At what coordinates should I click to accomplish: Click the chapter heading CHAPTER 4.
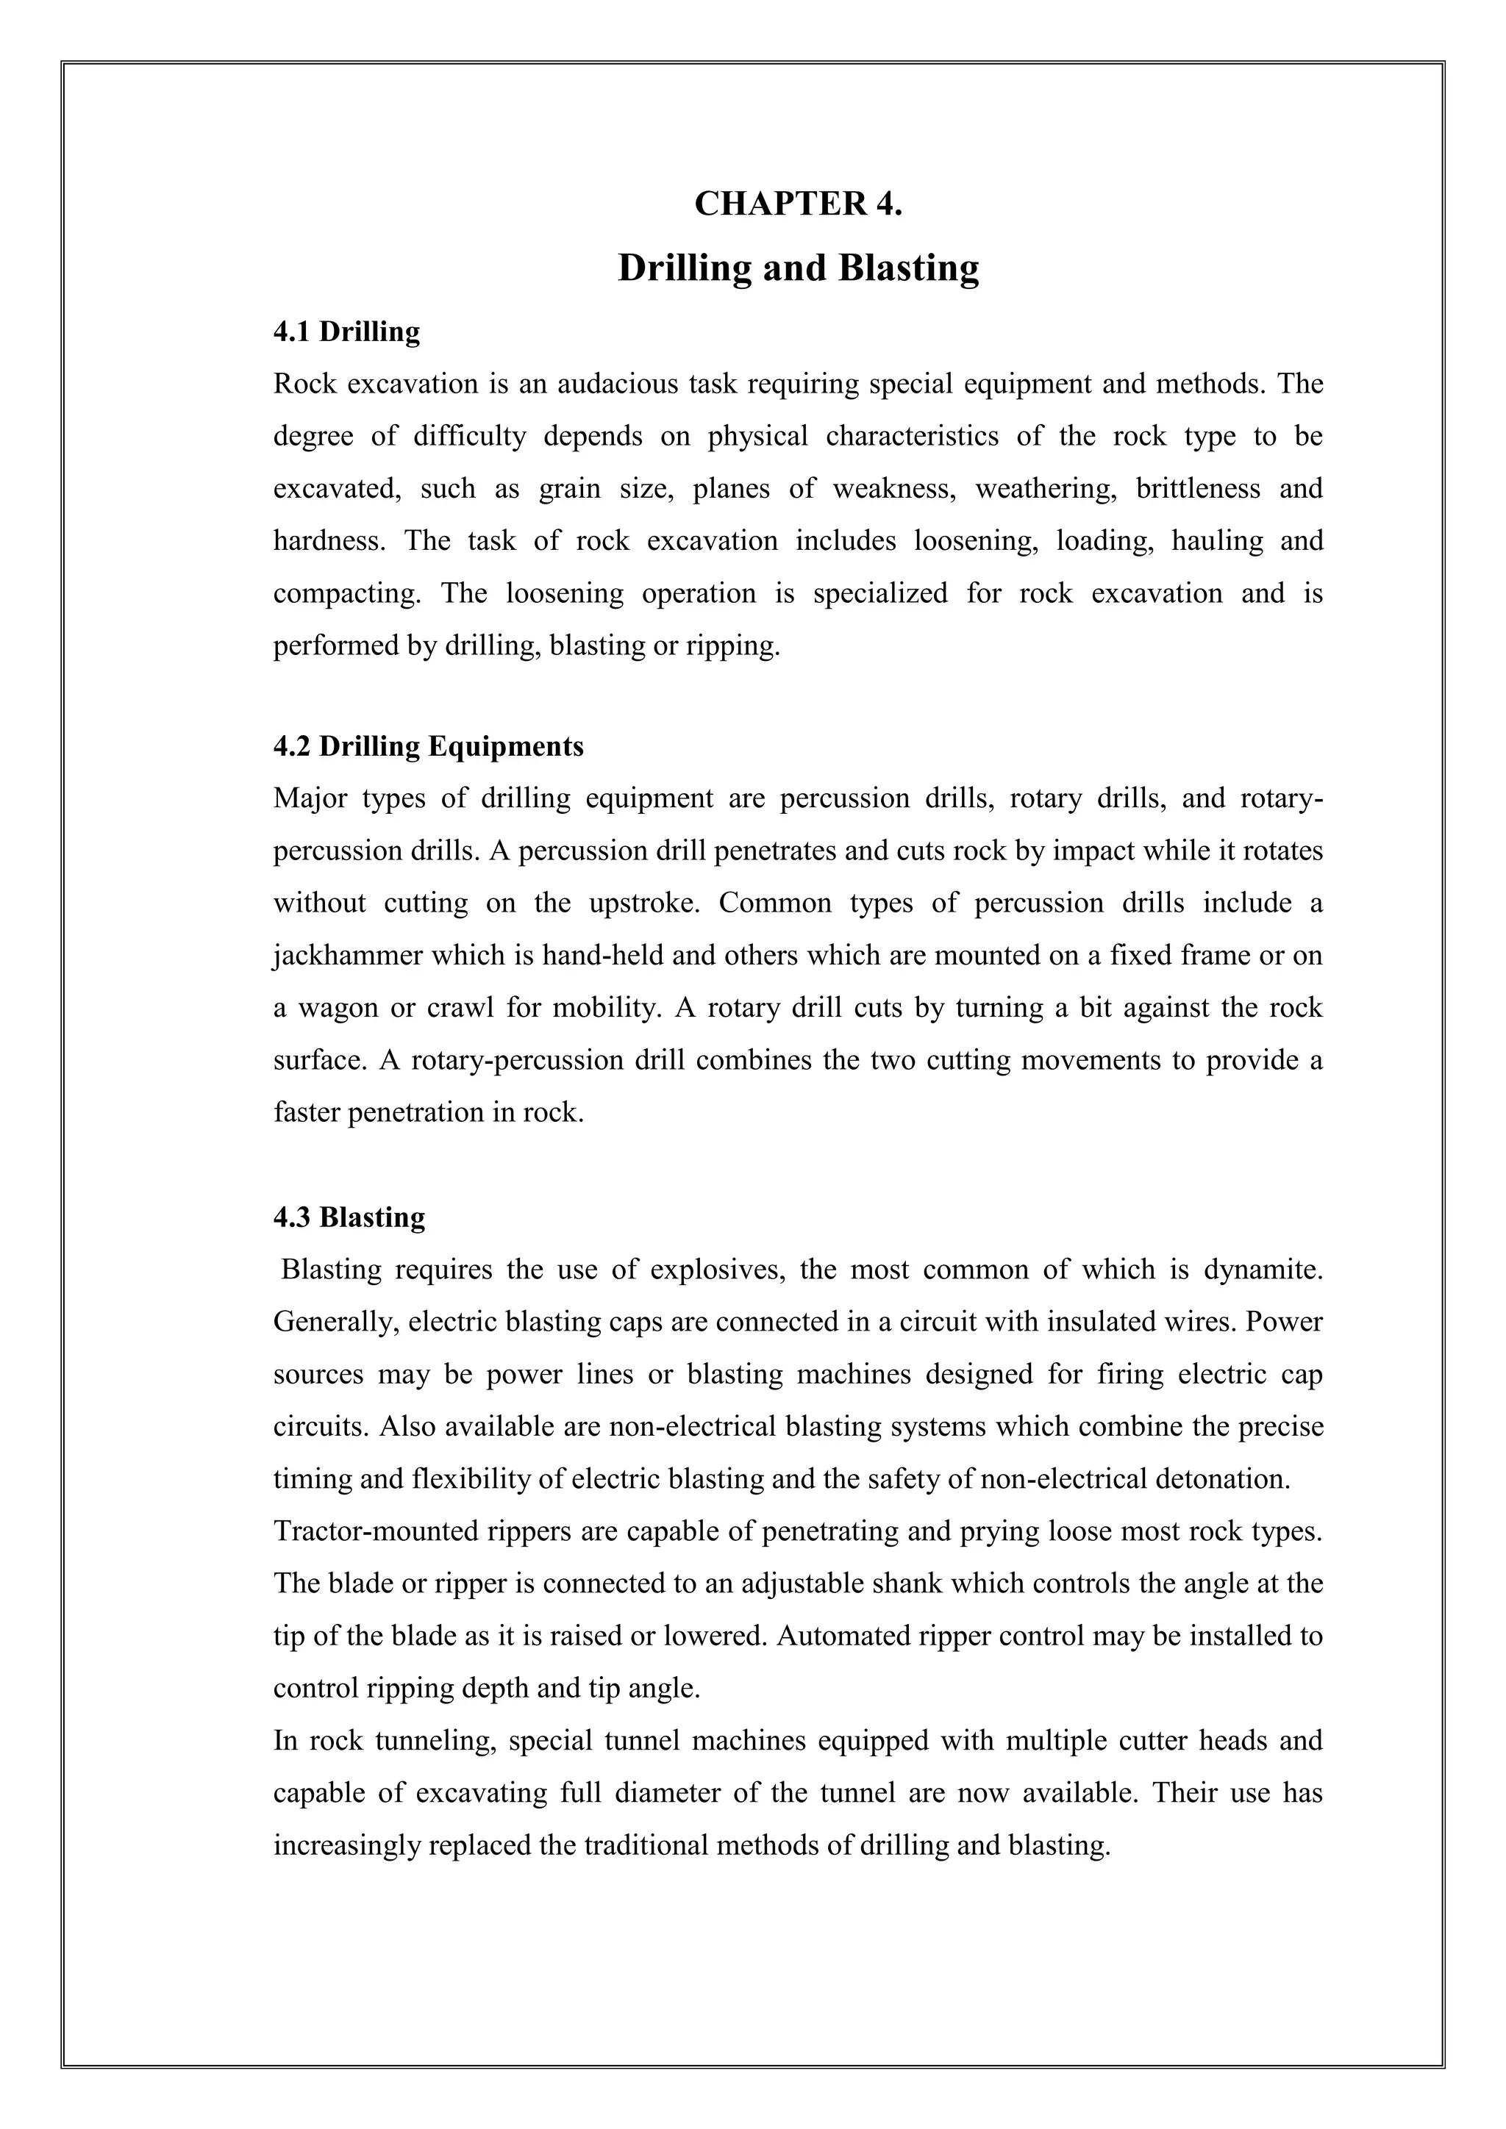click(x=798, y=204)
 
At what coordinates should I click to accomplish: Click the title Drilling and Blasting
click(x=798, y=268)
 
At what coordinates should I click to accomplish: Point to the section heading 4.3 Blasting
click(x=349, y=1217)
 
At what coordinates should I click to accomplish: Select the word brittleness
click(x=1198, y=489)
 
